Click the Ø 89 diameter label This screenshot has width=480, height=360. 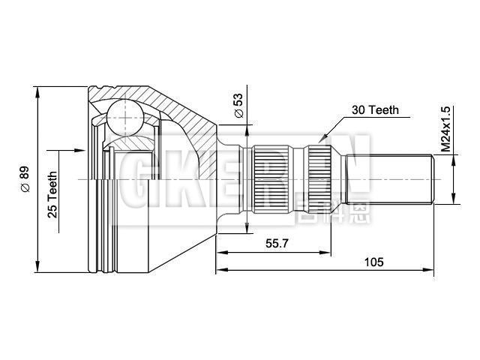pos(25,180)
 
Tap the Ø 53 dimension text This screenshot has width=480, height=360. pos(238,105)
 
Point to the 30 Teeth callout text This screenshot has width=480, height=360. pos(374,110)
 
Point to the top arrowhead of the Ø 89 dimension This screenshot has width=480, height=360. pos(37,91)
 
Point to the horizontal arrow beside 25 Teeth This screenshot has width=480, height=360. pos(75,151)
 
